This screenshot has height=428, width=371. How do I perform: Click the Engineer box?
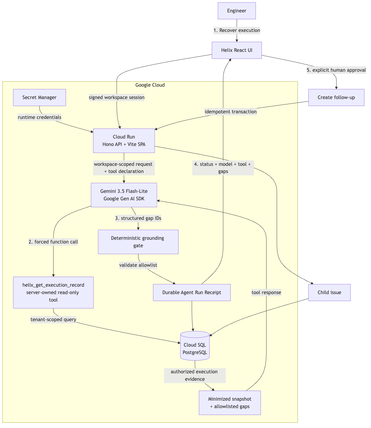click(237, 11)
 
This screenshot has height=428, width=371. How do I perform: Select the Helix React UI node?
click(237, 50)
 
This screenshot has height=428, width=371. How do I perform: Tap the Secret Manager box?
click(39, 98)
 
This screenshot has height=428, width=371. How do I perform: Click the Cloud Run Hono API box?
click(124, 141)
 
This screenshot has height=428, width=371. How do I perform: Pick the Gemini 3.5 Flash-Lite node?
click(124, 195)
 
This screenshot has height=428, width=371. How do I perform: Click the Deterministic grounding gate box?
click(138, 242)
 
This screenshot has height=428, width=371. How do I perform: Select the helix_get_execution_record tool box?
click(53, 293)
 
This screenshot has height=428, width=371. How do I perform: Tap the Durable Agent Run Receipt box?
click(192, 293)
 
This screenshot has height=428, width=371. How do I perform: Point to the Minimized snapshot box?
click(230, 403)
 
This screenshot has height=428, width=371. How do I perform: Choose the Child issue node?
click(329, 293)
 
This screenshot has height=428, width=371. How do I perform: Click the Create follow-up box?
click(336, 98)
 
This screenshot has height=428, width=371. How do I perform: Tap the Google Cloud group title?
click(150, 85)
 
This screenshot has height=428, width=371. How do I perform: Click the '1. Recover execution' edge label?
click(237, 30)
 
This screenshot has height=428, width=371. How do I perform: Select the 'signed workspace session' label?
click(116, 98)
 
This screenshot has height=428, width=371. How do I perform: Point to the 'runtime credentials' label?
click(39, 117)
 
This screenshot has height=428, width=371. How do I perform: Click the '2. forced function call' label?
click(53, 242)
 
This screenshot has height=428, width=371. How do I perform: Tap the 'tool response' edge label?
click(266, 293)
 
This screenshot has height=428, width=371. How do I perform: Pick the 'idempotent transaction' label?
click(231, 112)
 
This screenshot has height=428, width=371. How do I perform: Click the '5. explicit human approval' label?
click(336, 70)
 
